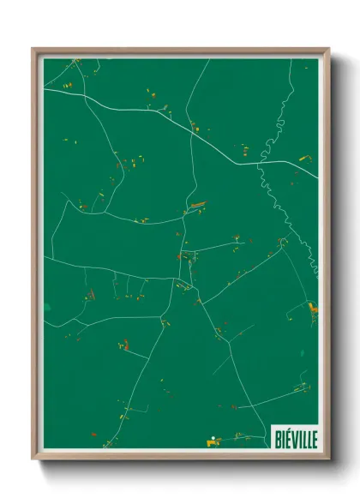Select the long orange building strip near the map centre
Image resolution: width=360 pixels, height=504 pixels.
point(198,205)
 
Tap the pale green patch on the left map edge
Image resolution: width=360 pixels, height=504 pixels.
point(48,306)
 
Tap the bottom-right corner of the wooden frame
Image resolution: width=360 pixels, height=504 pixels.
point(328,460)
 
